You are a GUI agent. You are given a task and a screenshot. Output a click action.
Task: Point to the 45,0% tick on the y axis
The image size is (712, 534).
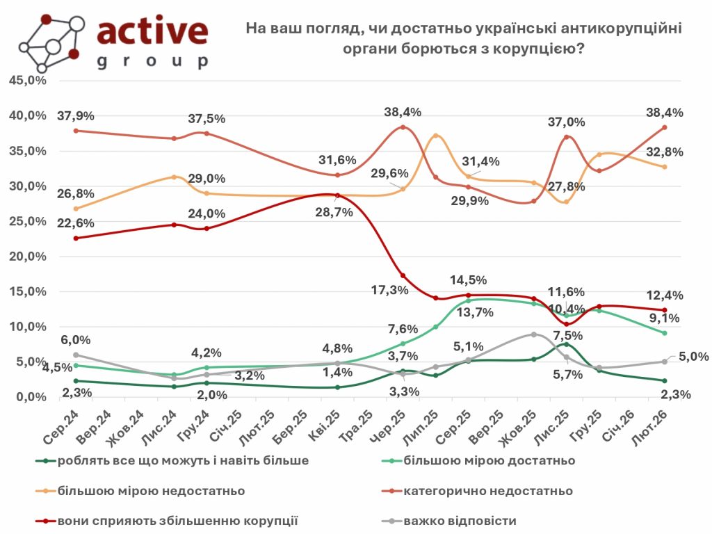(27, 81)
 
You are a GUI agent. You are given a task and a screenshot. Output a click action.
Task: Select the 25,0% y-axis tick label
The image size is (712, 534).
(27, 221)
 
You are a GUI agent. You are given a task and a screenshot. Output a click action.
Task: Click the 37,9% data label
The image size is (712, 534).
(75, 115)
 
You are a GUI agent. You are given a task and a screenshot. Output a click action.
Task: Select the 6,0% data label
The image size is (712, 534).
(76, 339)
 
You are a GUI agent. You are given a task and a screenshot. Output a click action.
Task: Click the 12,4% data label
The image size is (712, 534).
(667, 296)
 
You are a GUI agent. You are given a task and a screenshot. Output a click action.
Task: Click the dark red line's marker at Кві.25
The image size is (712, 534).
(337, 195)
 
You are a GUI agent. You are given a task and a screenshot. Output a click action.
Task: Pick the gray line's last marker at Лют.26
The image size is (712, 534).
(664, 362)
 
